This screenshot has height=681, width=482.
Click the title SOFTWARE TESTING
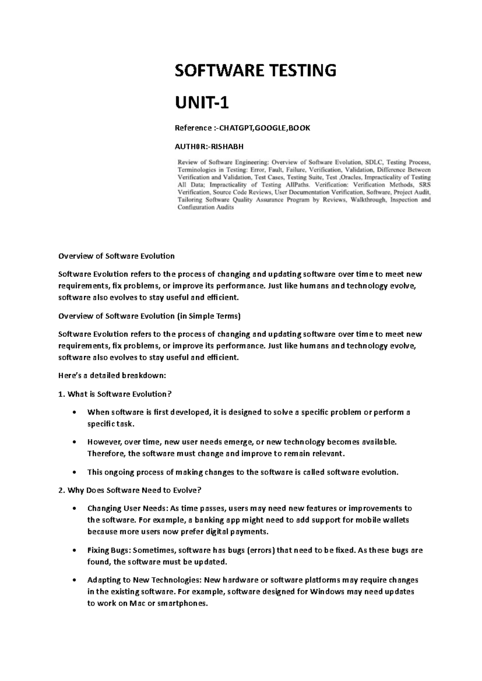tap(255, 71)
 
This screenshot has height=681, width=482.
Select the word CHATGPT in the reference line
tap(234, 128)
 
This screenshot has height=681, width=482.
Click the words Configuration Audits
tap(206, 208)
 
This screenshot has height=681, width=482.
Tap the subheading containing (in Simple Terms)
tap(149, 316)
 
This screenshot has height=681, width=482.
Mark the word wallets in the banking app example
tap(396, 520)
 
